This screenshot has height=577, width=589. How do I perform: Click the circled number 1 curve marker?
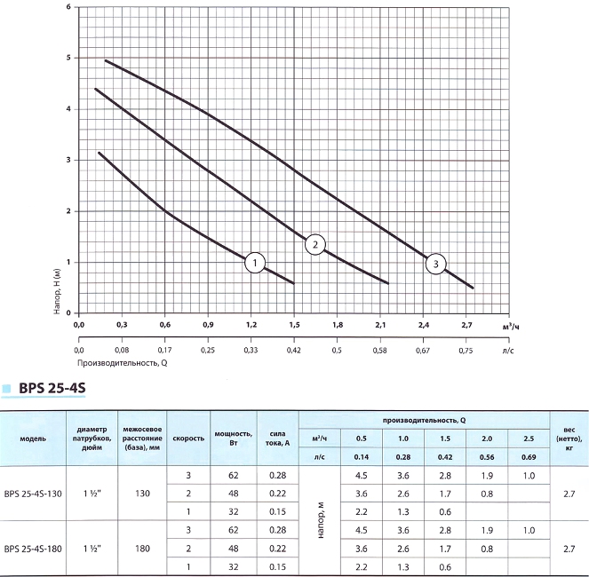click(x=255, y=263)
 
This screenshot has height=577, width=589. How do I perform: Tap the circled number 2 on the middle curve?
click(x=314, y=245)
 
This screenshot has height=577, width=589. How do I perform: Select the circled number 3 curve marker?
click(x=435, y=263)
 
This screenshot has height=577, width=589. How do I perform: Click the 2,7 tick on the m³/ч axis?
click(x=468, y=326)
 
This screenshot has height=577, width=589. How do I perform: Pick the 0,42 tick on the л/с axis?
click(x=294, y=350)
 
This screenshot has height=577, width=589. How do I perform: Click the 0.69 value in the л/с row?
click(x=528, y=457)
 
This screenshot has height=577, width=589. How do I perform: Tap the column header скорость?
click(x=188, y=439)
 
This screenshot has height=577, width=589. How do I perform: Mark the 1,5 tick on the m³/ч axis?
click(x=294, y=326)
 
